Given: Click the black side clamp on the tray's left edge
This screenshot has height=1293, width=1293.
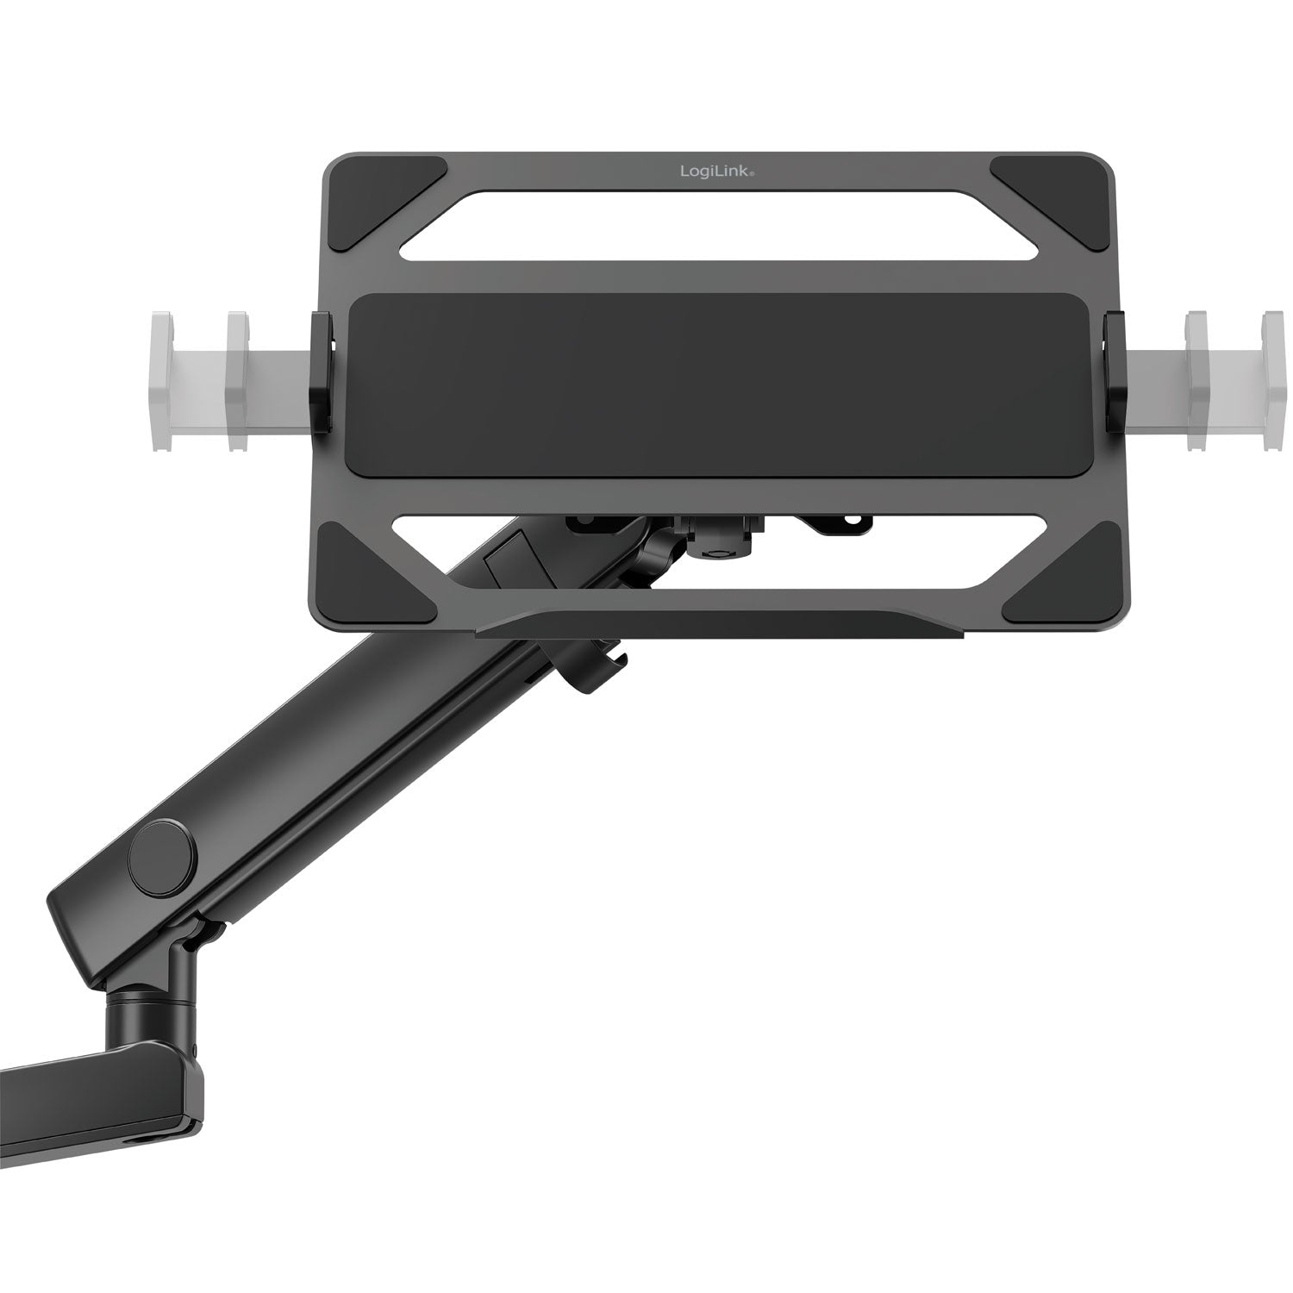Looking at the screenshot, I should pyautogui.click(x=321, y=372).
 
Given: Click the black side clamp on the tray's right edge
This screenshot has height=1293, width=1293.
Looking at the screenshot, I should pyautogui.click(x=1115, y=372).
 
